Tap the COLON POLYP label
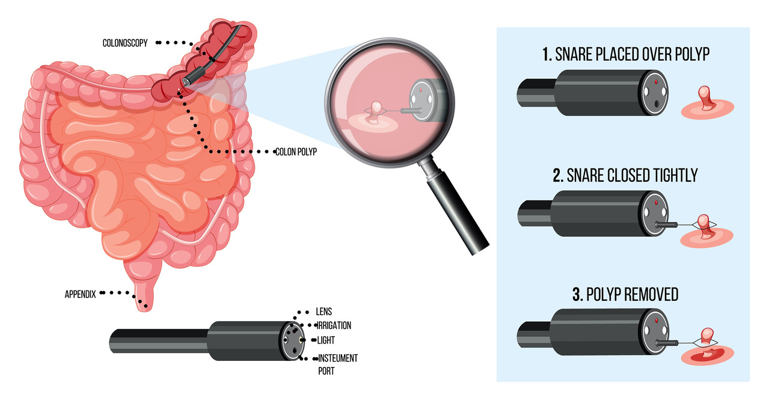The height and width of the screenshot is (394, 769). pyautogui.click(x=295, y=152)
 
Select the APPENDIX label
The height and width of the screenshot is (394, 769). pyautogui.click(x=80, y=295)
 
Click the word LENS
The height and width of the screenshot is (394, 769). pyautogui.click(x=323, y=312)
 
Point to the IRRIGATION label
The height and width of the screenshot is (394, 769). pyautogui.click(x=334, y=325)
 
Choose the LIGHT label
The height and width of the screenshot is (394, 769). pyautogui.click(x=326, y=340)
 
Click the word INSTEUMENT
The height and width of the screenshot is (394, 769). pyautogui.click(x=337, y=359)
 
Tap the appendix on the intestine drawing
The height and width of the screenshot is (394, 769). pyautogui.click(x=142, y=298)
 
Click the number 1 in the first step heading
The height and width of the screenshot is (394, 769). pyautogui.click(x=546, y=55)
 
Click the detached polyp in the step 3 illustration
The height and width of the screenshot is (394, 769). pyautogui.click(x=707, y=337)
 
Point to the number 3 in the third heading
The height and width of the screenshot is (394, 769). pyautogui.click(x=577, y=295)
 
